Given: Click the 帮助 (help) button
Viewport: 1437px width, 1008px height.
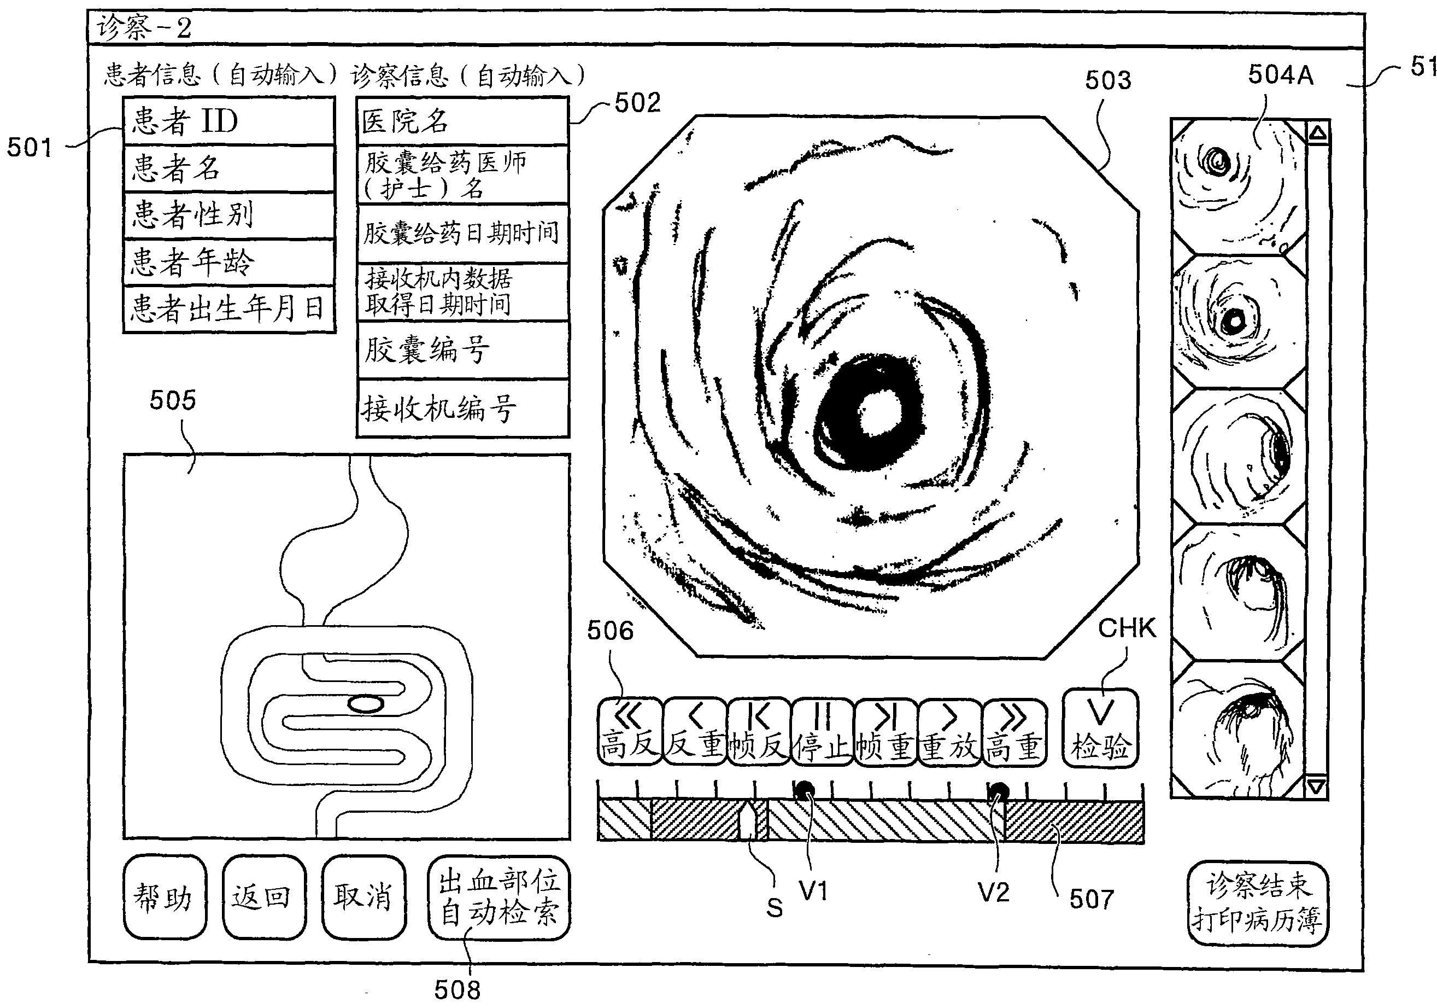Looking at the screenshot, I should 165,896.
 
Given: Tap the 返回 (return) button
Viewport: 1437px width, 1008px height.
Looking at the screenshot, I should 263,896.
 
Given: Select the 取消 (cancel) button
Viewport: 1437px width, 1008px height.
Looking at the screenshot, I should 363,896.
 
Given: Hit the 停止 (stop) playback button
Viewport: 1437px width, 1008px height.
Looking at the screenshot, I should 823,731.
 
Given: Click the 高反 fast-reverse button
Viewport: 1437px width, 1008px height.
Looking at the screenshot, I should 630,731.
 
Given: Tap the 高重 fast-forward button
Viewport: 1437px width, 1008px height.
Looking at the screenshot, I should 1014,731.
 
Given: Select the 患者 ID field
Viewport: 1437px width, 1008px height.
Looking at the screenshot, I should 229,121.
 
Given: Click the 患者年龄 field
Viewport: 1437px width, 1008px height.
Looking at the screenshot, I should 229,261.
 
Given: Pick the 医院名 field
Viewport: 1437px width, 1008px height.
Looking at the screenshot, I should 462,121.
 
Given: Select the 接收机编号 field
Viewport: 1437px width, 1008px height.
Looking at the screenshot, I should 462,408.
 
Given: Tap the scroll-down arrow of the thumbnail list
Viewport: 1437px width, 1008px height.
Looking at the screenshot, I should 1316,786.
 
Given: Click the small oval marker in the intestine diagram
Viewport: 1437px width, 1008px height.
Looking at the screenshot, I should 366,704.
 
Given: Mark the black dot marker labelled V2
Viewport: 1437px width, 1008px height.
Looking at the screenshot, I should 998,791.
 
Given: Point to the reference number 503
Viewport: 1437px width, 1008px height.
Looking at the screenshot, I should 1108,80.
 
